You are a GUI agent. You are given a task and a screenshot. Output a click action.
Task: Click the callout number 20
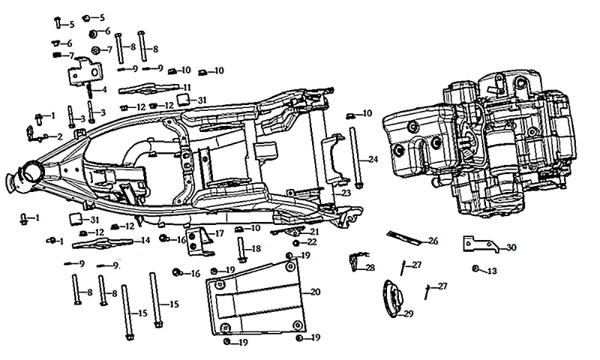point(315,292)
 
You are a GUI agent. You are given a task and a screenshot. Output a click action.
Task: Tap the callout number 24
point(373,159)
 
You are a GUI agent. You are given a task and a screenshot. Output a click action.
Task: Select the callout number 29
point(409,313)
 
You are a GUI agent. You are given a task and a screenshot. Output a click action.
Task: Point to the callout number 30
point(511,247)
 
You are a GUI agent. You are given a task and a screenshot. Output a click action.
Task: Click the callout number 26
point(433,241)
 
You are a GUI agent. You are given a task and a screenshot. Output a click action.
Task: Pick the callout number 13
point(492,271)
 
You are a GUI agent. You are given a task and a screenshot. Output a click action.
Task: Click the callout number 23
point(346,193)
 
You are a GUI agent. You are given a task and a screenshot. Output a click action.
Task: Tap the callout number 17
point(219,233)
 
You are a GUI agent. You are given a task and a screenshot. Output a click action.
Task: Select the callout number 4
point(104,90)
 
